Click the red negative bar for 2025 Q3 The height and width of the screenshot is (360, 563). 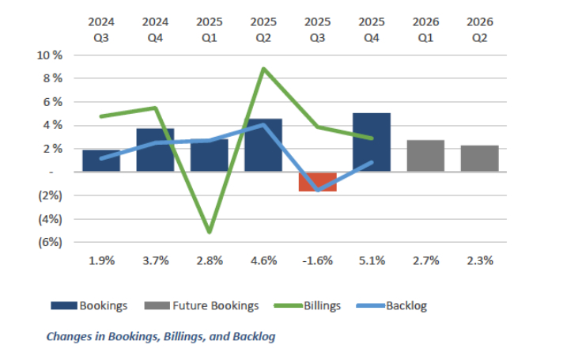tap(318, 181)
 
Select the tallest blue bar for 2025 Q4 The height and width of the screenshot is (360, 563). tap(372, 142)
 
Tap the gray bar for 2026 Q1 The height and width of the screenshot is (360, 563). tap(425, 156)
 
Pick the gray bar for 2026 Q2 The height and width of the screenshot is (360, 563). tap(479, 158)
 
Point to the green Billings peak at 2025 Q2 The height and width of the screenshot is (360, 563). tap(263, 69)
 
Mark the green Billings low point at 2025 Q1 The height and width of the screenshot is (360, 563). tap(210, 232)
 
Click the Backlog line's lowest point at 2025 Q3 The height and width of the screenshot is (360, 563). tap(318, 191)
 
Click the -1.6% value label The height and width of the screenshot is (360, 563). tap(317, 260)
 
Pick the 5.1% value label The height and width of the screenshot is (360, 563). tap(372, 260)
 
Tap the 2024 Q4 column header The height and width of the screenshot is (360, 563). tap(155, 29)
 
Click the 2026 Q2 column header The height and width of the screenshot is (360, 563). tap(479, 29)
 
